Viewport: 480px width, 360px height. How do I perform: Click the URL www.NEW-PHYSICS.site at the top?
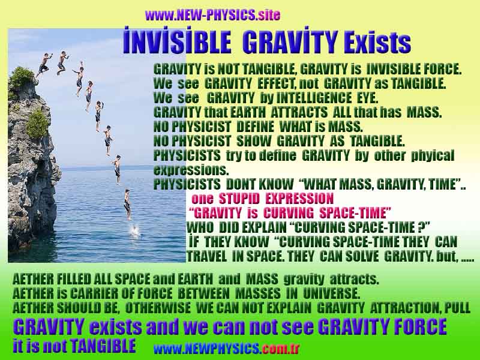click(212, 15)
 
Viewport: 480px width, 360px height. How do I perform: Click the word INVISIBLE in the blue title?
click(177, 42)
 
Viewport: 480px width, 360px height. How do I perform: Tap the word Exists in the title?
click(377, 43)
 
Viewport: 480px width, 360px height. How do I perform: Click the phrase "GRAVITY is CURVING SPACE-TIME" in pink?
click(290, 213)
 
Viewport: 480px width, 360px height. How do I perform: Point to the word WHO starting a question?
click(199, 227)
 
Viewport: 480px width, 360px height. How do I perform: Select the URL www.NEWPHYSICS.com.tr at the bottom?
click(226, 349)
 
